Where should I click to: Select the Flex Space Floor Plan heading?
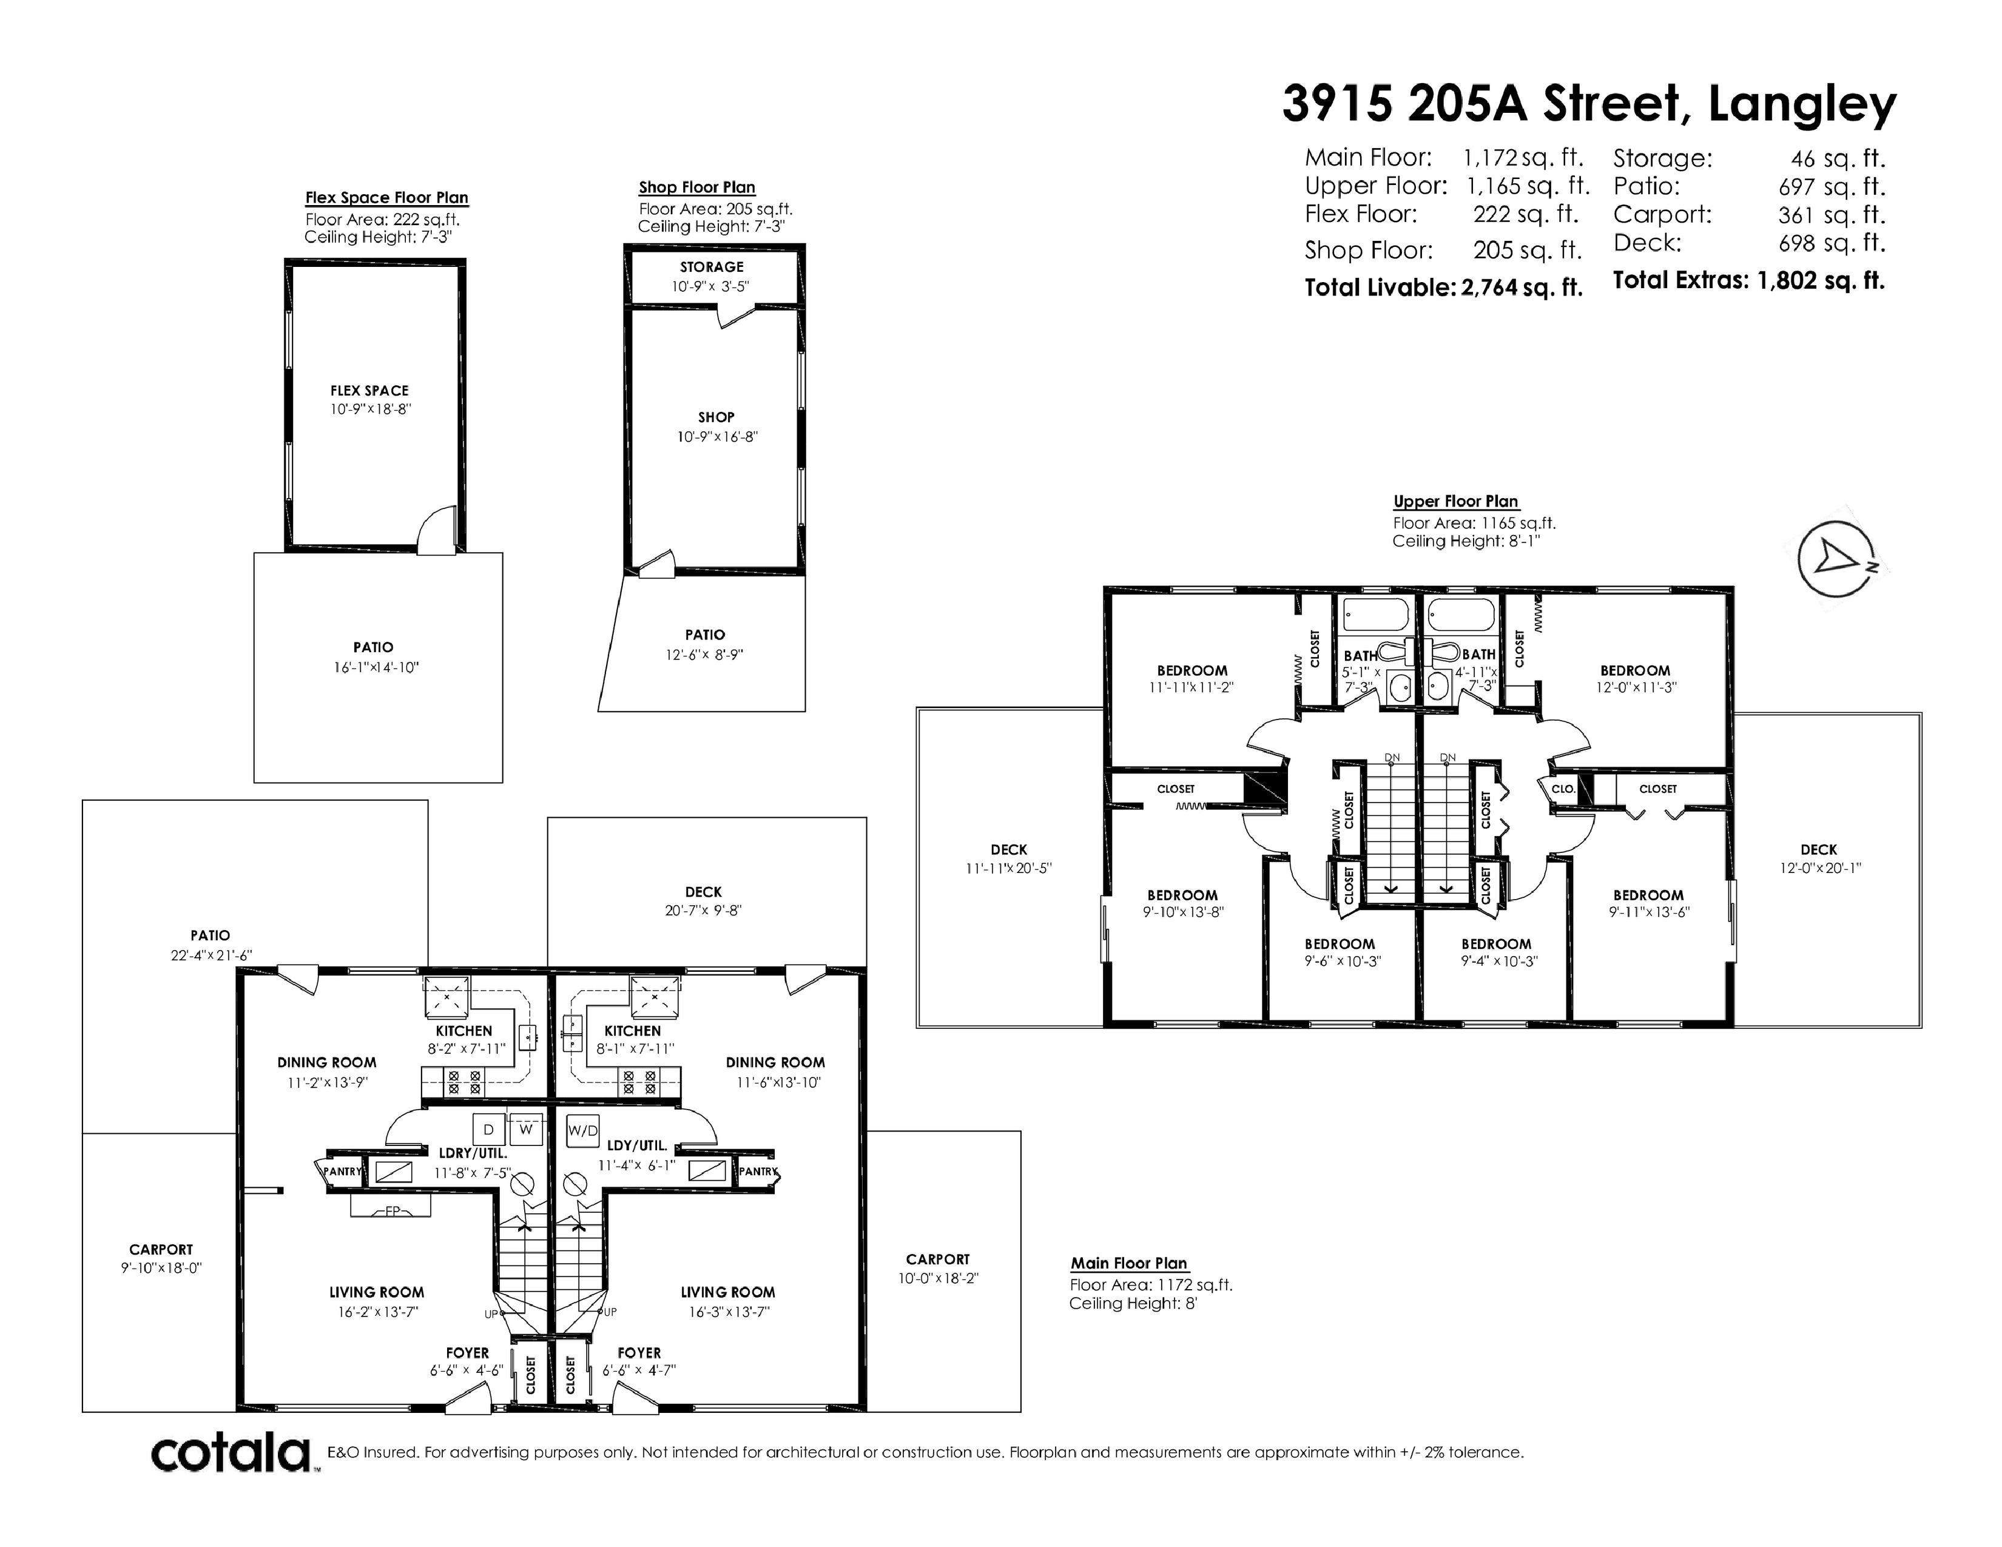click(387, 198)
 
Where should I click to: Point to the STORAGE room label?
click(712, 267)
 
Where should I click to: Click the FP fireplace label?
click(391, 1211)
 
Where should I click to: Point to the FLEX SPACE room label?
click(369, 391)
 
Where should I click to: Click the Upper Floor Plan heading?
click(1455, 501)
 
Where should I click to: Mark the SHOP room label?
click(716, 417)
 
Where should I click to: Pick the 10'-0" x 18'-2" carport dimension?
click(938, 1278)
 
